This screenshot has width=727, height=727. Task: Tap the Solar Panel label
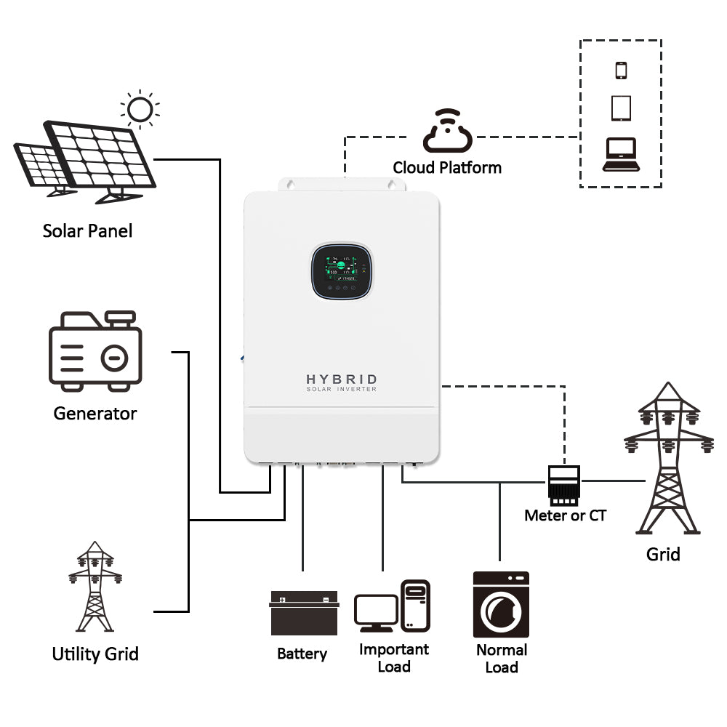pyautogui.click(x=88, y=231)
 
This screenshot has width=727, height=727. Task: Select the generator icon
pyautogui.click(x=95, y=351)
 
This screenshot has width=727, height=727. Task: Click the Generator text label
pyautogui.click(x=95, y=414)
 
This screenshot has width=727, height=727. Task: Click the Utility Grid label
pyautogui.click(x=95, y=654)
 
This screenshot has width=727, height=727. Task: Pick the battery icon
pyautogui.click(x=305, y=613)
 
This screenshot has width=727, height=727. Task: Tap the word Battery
pyautogui.click(x=302, y=654)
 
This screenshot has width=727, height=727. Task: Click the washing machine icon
pyautogui.click(x=501, y=604)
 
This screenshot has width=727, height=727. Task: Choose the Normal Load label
pyautogui.click(x=502, y=658)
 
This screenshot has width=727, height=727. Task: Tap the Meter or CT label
pyautogui.click(x=565, y=515)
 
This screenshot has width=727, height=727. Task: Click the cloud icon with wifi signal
pyautogui.click(x=447, y=132)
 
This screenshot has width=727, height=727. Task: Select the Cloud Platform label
pyautogui.click(x=447, y=168)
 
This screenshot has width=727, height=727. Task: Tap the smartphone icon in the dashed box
pyautogui.click(x=621, y=71)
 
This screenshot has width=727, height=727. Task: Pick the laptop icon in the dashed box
pyautogui.click(x=620, y=154)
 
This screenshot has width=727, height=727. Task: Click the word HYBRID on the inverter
pyautogui.click(x=342, y=379)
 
